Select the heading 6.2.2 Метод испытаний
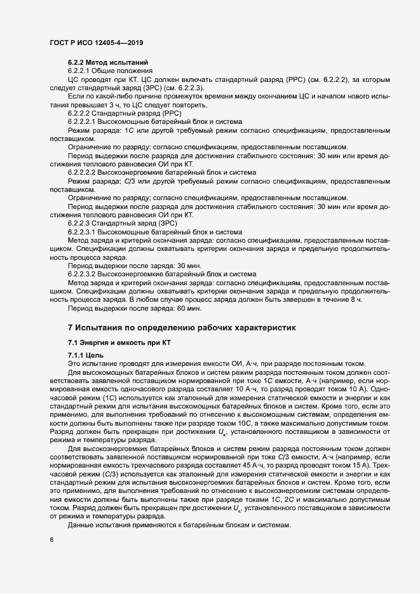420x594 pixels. click(x=108, y=62)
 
